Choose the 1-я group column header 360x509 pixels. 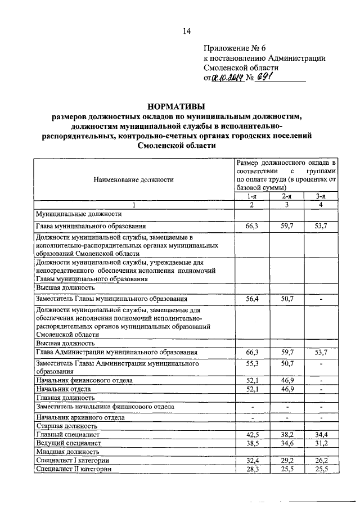pyautogui.click(x=251, y=196)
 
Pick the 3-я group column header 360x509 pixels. pyautogui.click(x=321, y=196)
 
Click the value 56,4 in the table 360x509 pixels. pyautogui.click(x=251, y=299)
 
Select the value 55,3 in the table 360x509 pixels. pyautogui.click(x=251, y=365)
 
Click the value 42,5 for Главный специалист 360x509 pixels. pyautogui.click(x=251, y=434)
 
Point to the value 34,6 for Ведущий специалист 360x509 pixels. pyautogui.click(x=286, y=443)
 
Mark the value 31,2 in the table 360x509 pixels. pyautogui.click(x=321, y=443)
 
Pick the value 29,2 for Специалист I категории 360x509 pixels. pyautogui.click(x=286, y=460)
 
